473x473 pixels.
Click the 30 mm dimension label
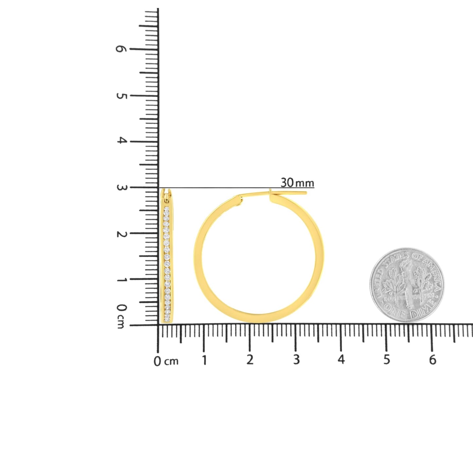pyautogui.click(x=297, y=183)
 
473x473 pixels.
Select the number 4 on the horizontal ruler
pyautogui.click(x=341, y=359)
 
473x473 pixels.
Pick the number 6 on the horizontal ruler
pyautogui.click(x=432, y=360)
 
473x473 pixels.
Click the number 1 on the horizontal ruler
pyautogui.click(x=204, y=360)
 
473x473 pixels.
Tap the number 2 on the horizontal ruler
pyautogui.click(x=250, y=360)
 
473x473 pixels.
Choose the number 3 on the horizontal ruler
pyautogui.click(x=296, y=360)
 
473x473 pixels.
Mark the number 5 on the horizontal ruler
pyautogui.click(x=387, y=360)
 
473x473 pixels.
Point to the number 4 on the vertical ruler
pyautogui.click(x=121, y=141)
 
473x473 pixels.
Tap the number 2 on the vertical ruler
pyautogui.click(x=121, y=234)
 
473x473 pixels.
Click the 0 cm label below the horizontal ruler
pyautogui.click(x=166, y=361)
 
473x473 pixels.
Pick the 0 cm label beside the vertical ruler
pyautogui.click(x=121, y=316)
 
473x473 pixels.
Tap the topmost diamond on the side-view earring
pyautogui.click(x=167, y=209)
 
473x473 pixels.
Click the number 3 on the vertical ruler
pyautogui.click(x=121, y=188)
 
